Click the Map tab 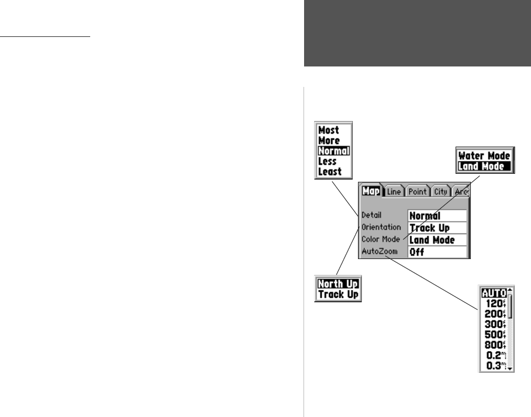pos(371,192)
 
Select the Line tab pos(394,192)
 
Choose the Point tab pos(419,192)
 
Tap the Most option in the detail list pos(329,130)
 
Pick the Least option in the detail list pos(330,171)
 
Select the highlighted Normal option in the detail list pos(334,151)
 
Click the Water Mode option pos(484,155)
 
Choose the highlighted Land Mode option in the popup pos(484,166)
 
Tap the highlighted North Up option pos(338,284)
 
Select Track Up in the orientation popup pos(338,294)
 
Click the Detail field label pos(371,216)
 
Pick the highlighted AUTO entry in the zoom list pos(494,294)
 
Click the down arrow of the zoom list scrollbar pos(510,368)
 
